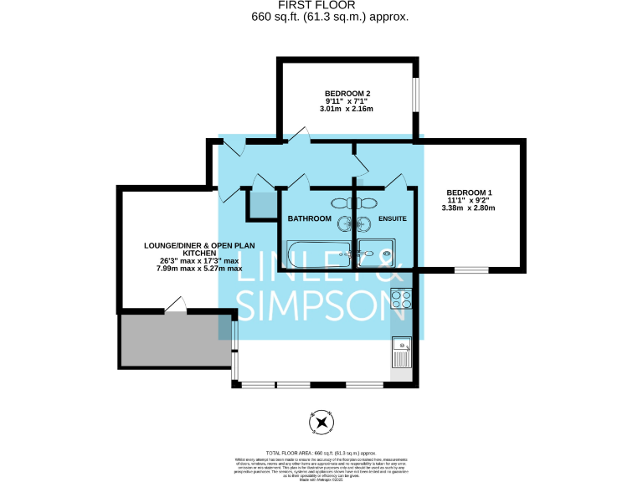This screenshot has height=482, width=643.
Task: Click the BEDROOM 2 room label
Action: [347, 93]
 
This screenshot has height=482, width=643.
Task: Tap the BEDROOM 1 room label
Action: [468, 193]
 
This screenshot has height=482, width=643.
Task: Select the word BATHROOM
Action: [309, 218]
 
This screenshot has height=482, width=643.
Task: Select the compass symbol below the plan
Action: [321, 423]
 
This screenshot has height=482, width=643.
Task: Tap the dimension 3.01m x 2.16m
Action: [347, 110]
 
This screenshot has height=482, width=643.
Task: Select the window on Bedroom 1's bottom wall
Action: [471, 269]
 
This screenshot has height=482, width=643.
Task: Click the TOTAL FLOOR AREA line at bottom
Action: [321, 452]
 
